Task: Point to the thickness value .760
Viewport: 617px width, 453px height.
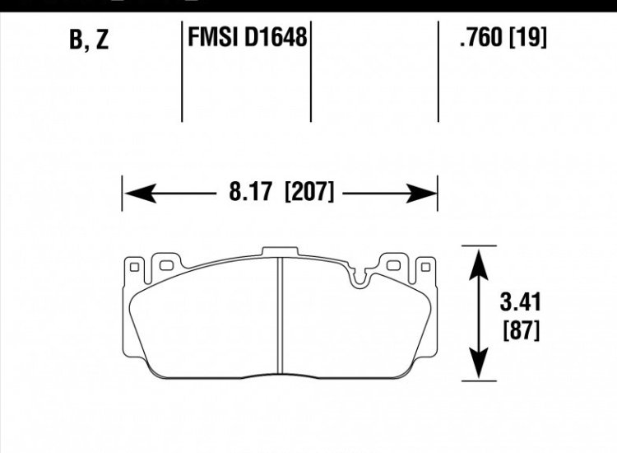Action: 479,37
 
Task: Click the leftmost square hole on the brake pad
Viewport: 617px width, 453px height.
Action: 134,265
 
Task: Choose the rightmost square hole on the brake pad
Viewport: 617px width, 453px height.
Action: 424,265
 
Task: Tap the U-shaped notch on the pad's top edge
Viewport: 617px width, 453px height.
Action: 359,278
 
